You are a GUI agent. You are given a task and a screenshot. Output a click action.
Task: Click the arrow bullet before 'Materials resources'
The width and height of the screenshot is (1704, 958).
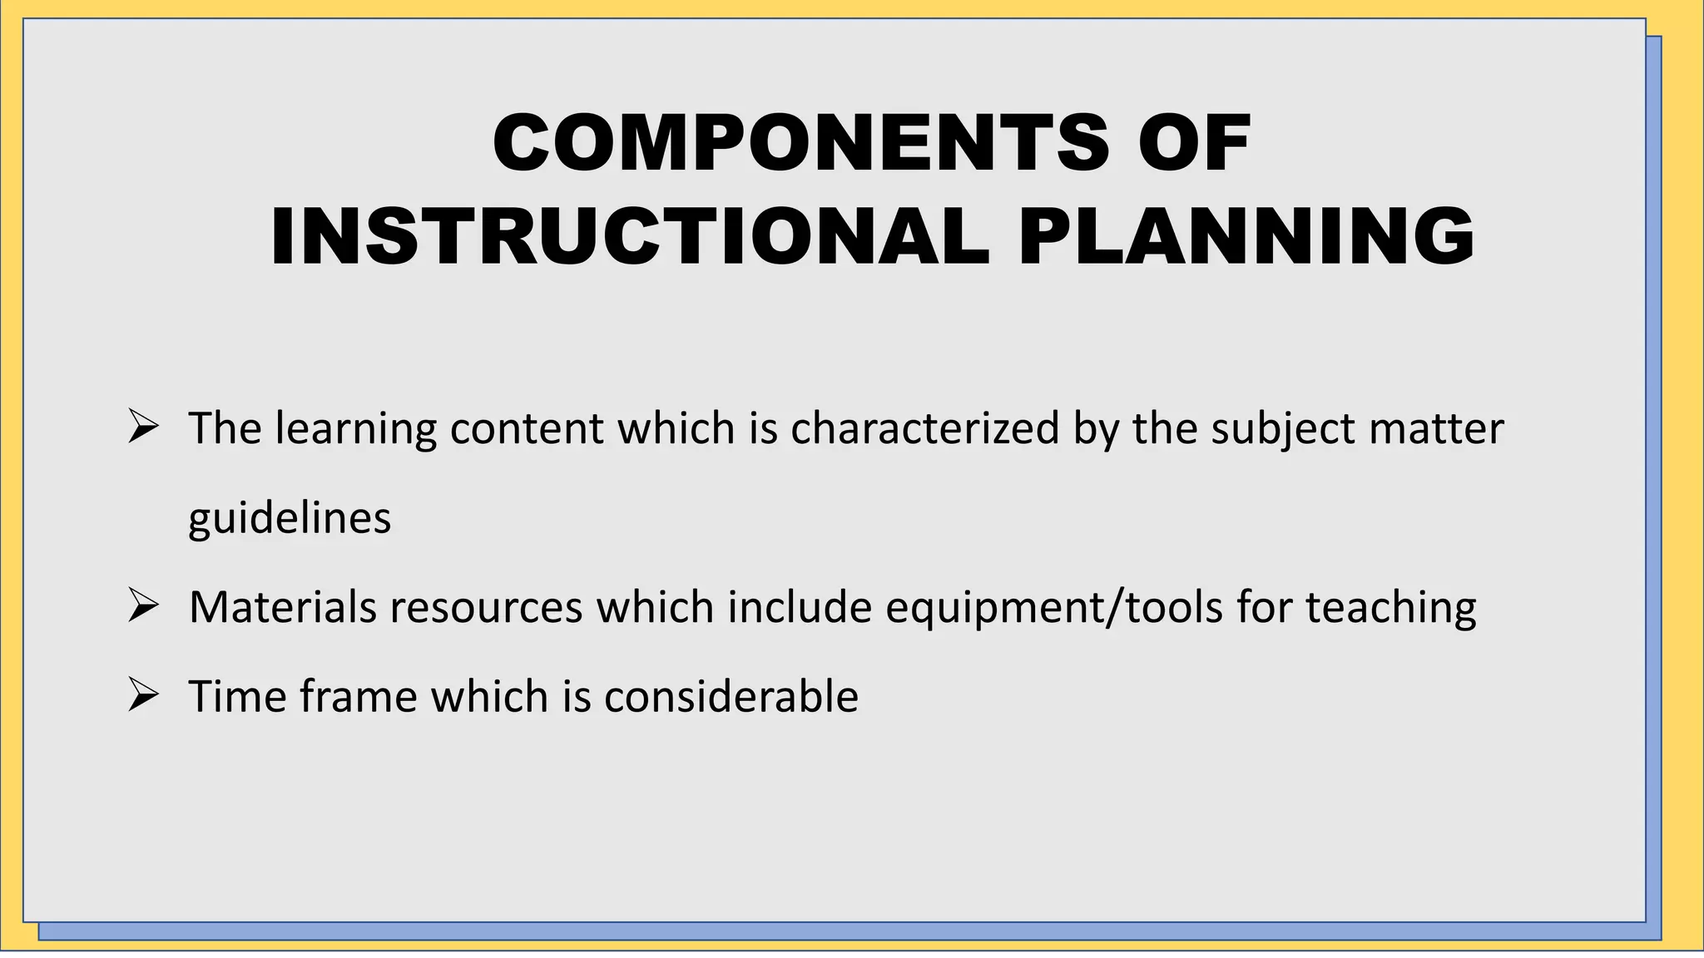coord(143,606)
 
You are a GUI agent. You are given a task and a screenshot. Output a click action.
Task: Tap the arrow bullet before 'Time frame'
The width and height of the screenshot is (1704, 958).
coord(143,695)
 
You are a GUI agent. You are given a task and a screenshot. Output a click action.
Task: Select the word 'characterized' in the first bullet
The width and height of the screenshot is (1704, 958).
coord(924,428)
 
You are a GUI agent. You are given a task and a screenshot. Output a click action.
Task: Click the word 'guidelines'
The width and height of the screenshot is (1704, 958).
coord(290,519)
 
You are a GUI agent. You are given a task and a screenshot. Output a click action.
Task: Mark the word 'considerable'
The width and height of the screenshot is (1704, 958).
coord(731,696)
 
